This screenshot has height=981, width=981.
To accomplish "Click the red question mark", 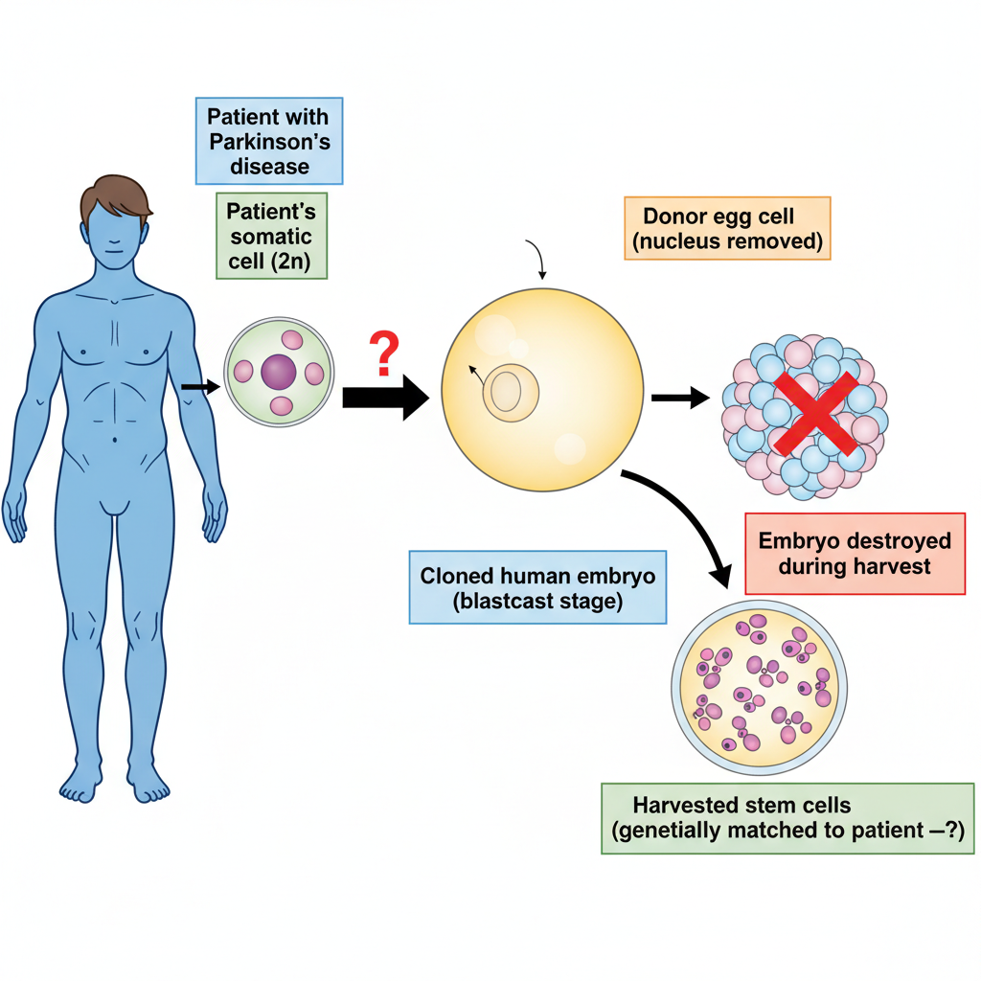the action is (384, 354).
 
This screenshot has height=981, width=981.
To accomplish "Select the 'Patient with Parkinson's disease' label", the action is (269, 141).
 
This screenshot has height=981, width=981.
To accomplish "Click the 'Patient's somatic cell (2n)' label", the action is (271, 236).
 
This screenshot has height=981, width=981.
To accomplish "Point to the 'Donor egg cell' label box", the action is (727, 228).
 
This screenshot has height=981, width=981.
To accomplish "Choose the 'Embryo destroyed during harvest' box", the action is (855, 554).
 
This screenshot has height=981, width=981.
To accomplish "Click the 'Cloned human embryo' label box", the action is (537, 587).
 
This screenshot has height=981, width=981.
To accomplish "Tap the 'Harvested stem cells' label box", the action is (787, 818).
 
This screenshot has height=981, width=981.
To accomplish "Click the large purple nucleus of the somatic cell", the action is (279, 372).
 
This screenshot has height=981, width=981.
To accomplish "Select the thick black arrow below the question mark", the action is (385, 398).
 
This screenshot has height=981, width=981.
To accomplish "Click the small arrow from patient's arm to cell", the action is (200, 387).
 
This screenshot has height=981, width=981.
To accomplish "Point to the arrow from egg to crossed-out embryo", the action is (681, 398).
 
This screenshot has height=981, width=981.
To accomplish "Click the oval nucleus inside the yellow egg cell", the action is (510, 393).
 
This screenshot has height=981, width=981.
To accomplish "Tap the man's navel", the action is (115, 441).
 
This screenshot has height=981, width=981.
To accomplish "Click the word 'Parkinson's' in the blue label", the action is (269, 142).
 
